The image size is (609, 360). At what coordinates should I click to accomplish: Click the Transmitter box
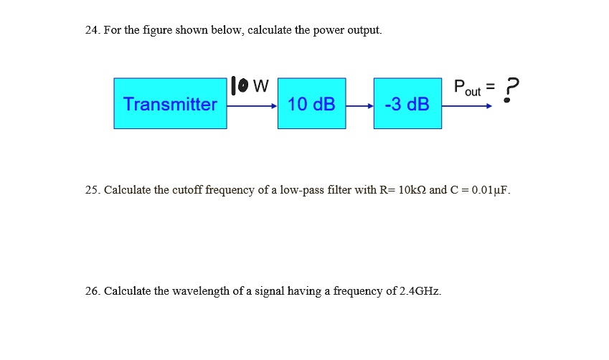point(170,104)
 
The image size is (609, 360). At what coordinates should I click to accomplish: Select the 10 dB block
point(311,104)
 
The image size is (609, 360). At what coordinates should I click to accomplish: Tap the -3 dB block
point(407,104)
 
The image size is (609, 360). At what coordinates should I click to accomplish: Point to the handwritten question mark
point(509,90)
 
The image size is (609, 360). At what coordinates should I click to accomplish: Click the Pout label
point(467,88)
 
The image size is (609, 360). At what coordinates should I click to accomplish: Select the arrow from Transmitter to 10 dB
point(252,105)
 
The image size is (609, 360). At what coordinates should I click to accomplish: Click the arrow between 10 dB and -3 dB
point(359,105)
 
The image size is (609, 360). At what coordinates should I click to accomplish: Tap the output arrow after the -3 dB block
point(466,105)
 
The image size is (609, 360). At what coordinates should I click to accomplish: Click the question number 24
point(91,30)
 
